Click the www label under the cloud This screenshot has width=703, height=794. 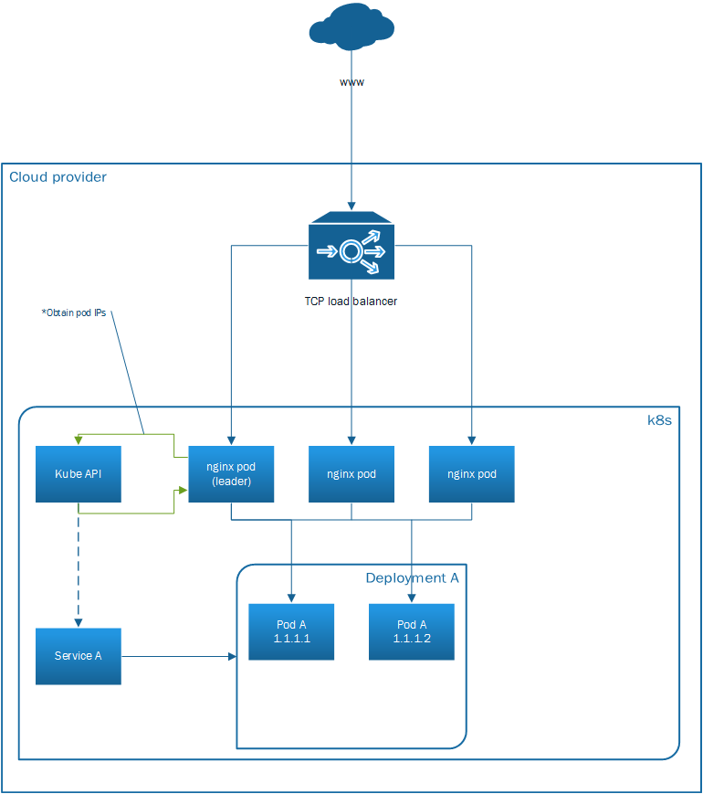[x=351, y=82]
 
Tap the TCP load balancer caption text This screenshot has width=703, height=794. [x=351, y=301]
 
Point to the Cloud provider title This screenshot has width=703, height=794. [x=58, y=177]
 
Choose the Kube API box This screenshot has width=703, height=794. [x=79, y=474]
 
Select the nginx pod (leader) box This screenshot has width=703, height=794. [x=231, y=474]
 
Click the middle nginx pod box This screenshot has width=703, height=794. [x=351, y=474]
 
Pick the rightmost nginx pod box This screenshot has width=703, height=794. [x=472, y=474]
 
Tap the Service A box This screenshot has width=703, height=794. [x=79, y=656]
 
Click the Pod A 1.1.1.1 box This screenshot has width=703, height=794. [x=292, y=631]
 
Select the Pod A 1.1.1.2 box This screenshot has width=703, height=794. [x=412, y=631]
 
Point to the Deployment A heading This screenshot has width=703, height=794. [x=412, y=578]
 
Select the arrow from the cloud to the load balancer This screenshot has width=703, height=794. [x=351, y=146]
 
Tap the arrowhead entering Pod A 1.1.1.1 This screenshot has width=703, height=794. [x=292, y=598]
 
